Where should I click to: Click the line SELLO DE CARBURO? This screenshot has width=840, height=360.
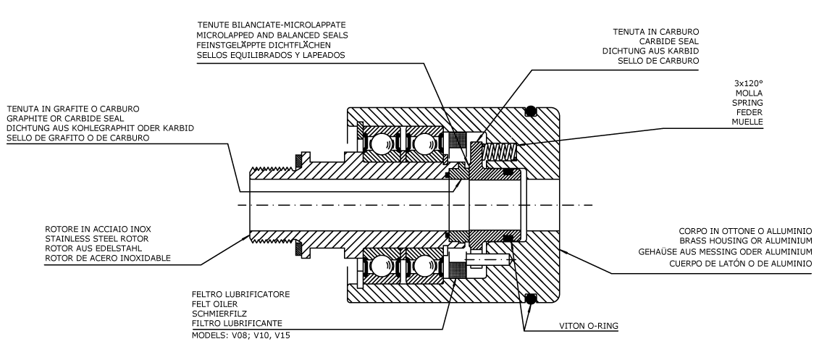pos(658,61)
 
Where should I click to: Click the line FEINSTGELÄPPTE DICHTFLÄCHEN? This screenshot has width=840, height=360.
pos(271,45)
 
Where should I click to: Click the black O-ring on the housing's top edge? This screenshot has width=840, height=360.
pos(531,112)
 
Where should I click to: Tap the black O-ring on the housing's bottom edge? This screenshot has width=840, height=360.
pos(531,298)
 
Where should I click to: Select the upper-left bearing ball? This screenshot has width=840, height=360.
pos(379,144)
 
